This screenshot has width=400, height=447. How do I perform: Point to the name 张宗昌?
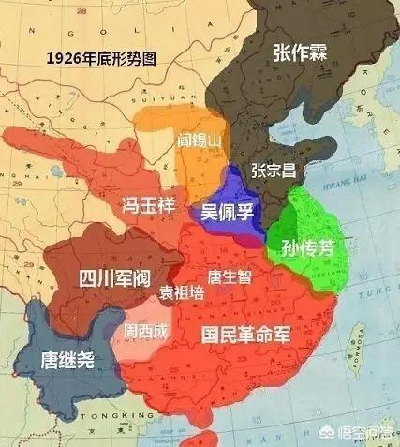(x=274, y=169)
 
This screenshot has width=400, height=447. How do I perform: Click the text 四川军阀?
(x=105, y=278)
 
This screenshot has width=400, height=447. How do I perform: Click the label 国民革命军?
(x=244, y=335)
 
